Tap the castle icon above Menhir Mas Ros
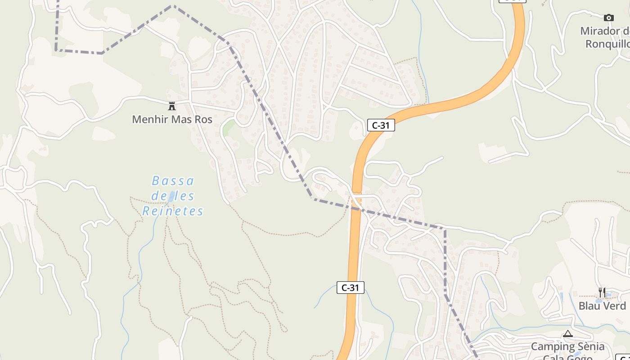[171, 106]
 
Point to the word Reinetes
[173, 211]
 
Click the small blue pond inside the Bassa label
[171, 196]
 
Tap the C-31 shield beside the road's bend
[381, 125]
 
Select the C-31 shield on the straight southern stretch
[350, 288]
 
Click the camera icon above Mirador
[608, 18]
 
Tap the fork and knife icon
[602, 292]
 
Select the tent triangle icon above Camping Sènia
[567, 334]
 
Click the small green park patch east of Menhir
[229, 127]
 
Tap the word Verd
[616, 306]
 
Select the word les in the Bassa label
[185, 196]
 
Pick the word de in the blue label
[158, 196]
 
